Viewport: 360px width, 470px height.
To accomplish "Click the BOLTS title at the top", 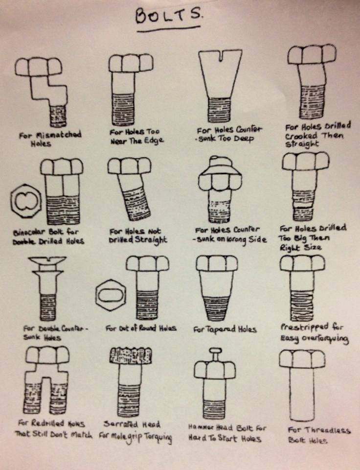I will [x=168, y=16].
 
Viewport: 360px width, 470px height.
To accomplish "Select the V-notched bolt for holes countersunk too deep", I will [x=220, y=83].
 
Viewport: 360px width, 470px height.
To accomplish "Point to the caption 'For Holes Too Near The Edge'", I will [x=136, y=136].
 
